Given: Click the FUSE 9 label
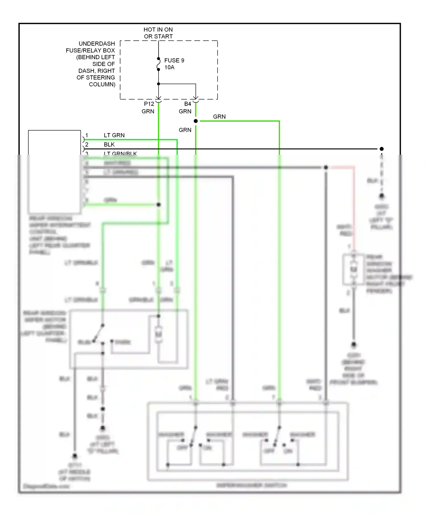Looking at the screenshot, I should (x=174, y=61).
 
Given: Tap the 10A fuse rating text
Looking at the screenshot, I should (x=169, y=67).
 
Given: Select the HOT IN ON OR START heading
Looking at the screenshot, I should (x=158, y=33).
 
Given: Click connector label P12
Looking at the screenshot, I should (x=149, y=104).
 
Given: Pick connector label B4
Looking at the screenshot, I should (x=188, y=104).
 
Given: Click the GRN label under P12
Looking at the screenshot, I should (x=148, y=112).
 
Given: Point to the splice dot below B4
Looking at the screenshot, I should (x=196, y=121).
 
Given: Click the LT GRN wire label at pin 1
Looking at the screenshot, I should (x=114, y=135).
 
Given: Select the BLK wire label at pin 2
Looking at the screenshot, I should (x=109, y=145).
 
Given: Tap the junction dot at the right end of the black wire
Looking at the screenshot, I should (x=382, y=149).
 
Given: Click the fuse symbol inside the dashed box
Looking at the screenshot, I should (x=159, y=64).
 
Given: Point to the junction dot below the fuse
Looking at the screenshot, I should (x=159, y=84).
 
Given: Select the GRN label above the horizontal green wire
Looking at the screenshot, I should (x=219, y=117).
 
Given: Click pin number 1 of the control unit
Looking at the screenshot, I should (x=87, y=135).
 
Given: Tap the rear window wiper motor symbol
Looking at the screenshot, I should (x=159, y=333).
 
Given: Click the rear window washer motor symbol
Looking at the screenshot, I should (x=354, y=269).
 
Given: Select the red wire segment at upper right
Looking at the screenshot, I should (x=354, y=205).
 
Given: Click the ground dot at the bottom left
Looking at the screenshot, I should (x=75, y=456).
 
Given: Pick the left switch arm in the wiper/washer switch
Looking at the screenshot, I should (x=194, y=436).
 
